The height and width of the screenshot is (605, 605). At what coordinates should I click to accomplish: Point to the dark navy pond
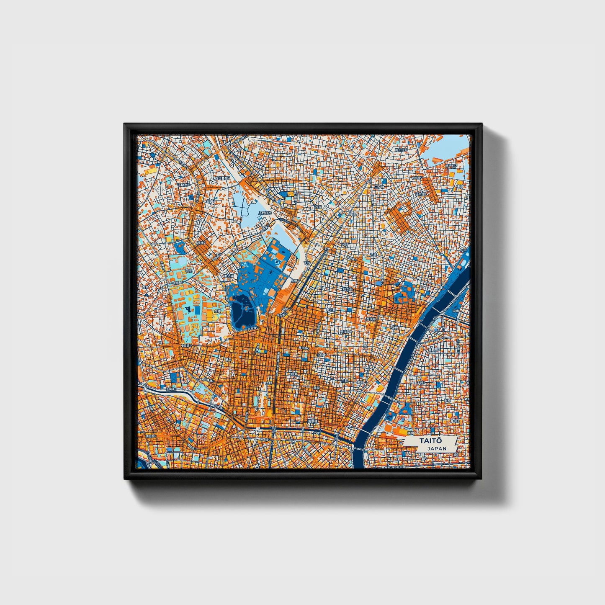tap(242, 311)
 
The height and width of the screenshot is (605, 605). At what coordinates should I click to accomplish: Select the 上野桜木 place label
tap(265, 213)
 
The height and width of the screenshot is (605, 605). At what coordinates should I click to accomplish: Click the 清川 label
tap(460, 186)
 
